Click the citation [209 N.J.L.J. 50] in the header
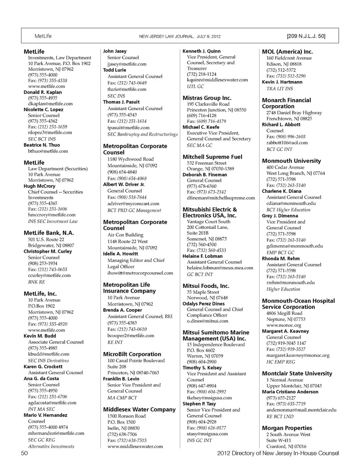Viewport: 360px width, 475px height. pyautogui.click(x=306, y=36)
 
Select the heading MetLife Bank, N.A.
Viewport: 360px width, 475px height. pyautogui.click(x=49, y=233)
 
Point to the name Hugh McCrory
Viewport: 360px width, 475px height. pyautogui.click(x=39, y=186)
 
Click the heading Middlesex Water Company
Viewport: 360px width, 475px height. pyautogui.click(x=139, y=410)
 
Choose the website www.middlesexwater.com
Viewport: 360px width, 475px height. pyautogui.click(x=135, y=447)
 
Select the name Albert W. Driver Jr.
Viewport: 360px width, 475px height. pyautogui.click(x=124, y=184)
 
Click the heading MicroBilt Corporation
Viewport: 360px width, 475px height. pyautogui.click(x=132, y=354)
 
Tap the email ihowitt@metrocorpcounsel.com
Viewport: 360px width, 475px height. pyautogui.click(x=140, y=273)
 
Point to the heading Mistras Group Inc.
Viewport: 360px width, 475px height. pyautogui.click(x=207, y=98)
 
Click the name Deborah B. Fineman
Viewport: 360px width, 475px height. pyautogui.click(x=205, y=175)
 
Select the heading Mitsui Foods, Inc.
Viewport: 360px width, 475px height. pyautogui.click(x=206, y=286)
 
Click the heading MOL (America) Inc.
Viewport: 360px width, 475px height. pyautogui.click(x=287, y=52)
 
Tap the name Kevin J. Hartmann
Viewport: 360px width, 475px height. pyautogui.click(x=282, y=82)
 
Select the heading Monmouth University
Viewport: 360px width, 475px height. pyautogui.click(x=291, y=161)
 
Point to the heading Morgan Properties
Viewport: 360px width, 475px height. pyautogui.click(x=287, y=428)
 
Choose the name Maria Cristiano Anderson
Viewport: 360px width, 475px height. pyautogui.click(x=290, y=392)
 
